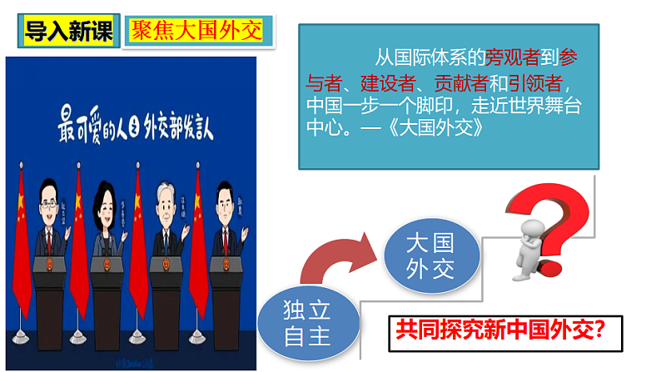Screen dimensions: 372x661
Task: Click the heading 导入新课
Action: coord(67,31)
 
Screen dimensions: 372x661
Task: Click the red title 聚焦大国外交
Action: coord(196,31)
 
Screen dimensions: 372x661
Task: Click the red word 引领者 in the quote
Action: coord(539,83)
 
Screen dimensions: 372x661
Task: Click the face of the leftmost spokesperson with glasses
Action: coord(49,198)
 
